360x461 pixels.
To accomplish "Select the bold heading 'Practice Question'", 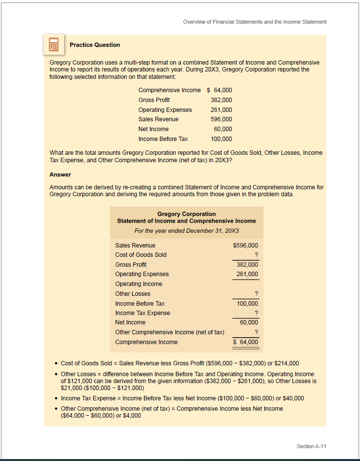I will pyautogui.click(x=95, y=45).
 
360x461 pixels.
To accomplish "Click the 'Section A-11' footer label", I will pyautogui.click(x=311, y=446).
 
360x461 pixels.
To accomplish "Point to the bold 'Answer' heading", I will pyautogui.click(x=60, y=175).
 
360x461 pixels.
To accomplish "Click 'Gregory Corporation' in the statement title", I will pyautogui.click(x=186, y=214).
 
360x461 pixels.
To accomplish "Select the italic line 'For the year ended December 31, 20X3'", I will pyautogui.click(x=186, y=231).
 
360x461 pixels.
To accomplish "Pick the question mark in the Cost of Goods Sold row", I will pyautogui.click(x=256, y=255).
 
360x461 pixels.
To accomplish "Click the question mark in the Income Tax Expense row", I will pyautogui.click(x=256, y=313).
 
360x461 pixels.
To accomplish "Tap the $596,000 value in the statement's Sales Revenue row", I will pyautogui.click(x=245, y=246).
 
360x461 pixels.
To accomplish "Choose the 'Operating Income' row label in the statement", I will pyautogui.click(x=139, y=284).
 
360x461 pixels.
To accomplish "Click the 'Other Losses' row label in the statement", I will pyautogui.click(x=133, y=294).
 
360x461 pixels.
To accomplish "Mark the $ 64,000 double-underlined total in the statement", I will pyautogui.click(x=246, y=342).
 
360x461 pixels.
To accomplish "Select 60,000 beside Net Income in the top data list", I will pyautogui.click(x=222, y=129).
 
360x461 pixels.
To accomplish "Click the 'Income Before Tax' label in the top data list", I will pyautogui.click(x=163, y=139).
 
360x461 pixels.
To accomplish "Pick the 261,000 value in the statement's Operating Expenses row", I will pyautogui.click(x=247, y=274).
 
